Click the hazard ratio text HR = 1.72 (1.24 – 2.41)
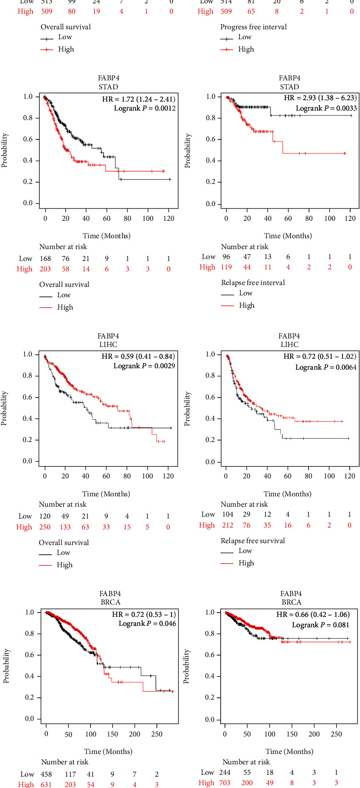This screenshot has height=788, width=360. (138, 99)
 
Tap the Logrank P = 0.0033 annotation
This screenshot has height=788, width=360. (326, 108)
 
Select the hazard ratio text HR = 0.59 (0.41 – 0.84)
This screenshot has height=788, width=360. (138, 356)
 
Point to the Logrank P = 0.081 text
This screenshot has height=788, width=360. (321, 625)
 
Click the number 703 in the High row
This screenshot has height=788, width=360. (224, 783)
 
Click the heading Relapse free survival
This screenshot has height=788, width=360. (253, 541)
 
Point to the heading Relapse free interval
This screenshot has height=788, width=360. (253, 283)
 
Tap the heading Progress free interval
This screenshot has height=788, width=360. (253, 27)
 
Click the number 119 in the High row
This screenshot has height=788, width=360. (226, 267)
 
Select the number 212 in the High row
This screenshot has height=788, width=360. (226, 525)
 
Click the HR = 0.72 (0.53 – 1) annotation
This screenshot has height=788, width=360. (144, 615)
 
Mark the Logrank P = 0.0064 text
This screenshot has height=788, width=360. (326, 367)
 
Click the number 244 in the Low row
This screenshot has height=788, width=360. (225, 772)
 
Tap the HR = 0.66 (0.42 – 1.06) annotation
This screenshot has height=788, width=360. (313, 615)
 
